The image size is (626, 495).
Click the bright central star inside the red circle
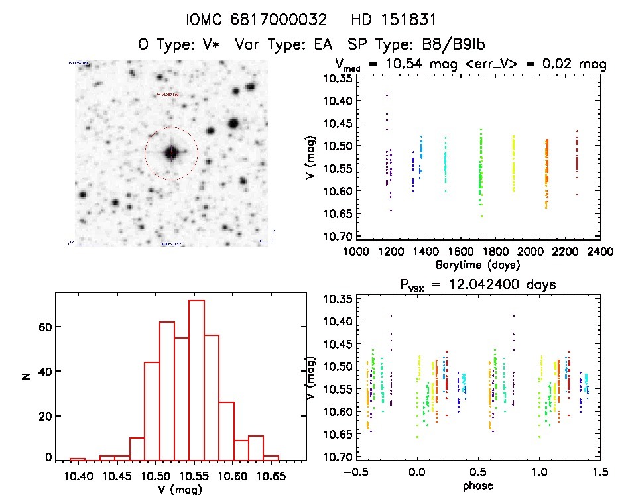tap(172, 152)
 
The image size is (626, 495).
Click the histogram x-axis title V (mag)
tap(180, 489)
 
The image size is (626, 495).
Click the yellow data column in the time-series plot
tap(513, 162)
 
